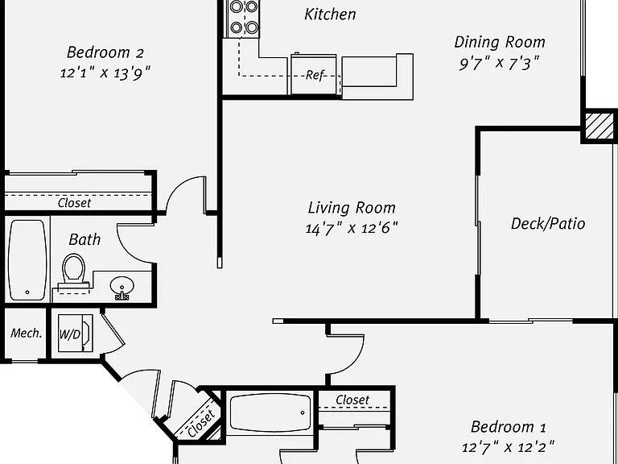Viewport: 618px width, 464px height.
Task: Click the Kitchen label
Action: click(330, 14)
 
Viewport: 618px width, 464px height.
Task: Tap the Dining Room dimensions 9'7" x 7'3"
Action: click(499, 63)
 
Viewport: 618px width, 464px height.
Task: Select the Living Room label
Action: click(352, 208)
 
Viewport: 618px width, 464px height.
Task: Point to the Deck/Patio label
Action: click(548, 224)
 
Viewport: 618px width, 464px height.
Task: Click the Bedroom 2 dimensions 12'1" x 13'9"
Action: click(105, 73)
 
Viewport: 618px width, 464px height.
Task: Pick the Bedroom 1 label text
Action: click(509, 427)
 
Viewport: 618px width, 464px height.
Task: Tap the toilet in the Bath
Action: click(74, 271)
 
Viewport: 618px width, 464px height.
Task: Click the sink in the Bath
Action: click(122, 288)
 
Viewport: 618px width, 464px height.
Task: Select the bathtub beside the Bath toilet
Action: click(27, 259)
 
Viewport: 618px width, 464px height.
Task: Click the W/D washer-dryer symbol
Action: click(75, 333)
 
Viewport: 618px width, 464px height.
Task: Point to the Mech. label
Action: click(26, 333)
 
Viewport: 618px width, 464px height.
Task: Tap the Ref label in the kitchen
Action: click(314, 75)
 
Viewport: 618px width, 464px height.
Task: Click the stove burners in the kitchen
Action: click(244, 17)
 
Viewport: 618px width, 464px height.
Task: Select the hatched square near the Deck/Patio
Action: click(599, 126)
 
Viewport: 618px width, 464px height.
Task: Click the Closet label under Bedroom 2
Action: click(74, 203)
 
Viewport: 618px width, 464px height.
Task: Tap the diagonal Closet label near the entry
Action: click(201, 425)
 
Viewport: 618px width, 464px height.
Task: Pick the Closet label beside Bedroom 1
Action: click(352, 400)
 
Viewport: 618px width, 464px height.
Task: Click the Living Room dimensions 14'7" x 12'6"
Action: click(352, 228)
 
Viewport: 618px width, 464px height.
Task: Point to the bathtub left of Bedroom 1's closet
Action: click(270, 412)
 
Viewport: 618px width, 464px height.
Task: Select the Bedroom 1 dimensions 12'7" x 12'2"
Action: click(509, 447)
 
